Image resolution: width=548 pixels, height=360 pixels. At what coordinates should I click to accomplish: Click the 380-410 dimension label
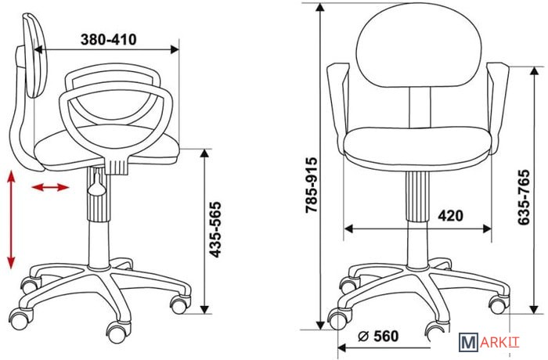click(x=108, y=39)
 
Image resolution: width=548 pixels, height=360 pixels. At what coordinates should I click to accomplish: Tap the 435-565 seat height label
click(x=215, y=229)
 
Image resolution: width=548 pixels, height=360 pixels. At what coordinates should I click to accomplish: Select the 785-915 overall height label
click(x=311, y=185)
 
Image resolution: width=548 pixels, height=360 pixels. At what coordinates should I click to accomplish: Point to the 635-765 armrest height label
click(x=523, y=197)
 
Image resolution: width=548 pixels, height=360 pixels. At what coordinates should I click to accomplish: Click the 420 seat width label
click(x=450, y=216)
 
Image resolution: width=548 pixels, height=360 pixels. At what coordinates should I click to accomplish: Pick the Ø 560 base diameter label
click(x=378, y=337)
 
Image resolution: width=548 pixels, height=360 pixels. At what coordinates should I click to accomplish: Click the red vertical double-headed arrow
click(x=11, y=219)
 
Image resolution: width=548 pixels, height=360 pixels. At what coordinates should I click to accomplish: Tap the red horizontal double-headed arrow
click(x=50, y=187)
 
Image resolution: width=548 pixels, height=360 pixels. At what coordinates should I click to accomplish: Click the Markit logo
click(x=489, y=342)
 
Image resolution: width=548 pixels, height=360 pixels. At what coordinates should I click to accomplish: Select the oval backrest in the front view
click(x=419, y=45)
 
